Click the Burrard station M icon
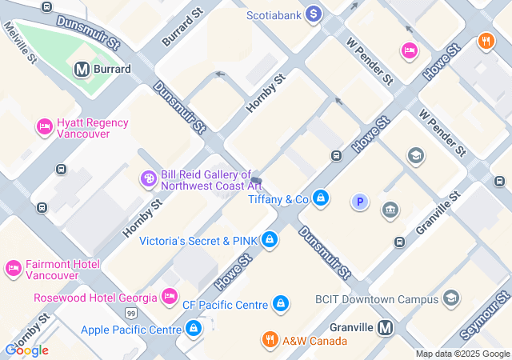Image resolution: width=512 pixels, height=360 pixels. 82,70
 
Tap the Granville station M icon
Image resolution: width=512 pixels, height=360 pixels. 386,327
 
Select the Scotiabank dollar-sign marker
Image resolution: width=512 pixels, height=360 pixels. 313,14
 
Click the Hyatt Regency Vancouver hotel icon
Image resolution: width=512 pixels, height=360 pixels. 45,126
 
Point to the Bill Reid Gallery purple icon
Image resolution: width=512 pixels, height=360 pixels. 148,179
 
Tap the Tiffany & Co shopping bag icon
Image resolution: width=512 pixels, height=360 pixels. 320,198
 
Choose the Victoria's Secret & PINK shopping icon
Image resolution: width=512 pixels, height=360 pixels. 270,239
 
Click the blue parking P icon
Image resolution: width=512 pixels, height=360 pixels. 360,202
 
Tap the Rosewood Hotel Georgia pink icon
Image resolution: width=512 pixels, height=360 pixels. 170,297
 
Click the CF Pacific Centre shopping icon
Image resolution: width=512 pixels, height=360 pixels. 280,304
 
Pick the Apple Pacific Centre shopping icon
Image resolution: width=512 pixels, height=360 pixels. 194,328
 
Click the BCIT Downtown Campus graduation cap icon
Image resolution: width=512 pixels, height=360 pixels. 450,298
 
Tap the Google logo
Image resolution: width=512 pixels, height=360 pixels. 26,350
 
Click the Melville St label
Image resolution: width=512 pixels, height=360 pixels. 20,42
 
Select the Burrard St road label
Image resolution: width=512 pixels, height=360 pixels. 180,29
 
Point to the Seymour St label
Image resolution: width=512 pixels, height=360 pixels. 484,318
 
